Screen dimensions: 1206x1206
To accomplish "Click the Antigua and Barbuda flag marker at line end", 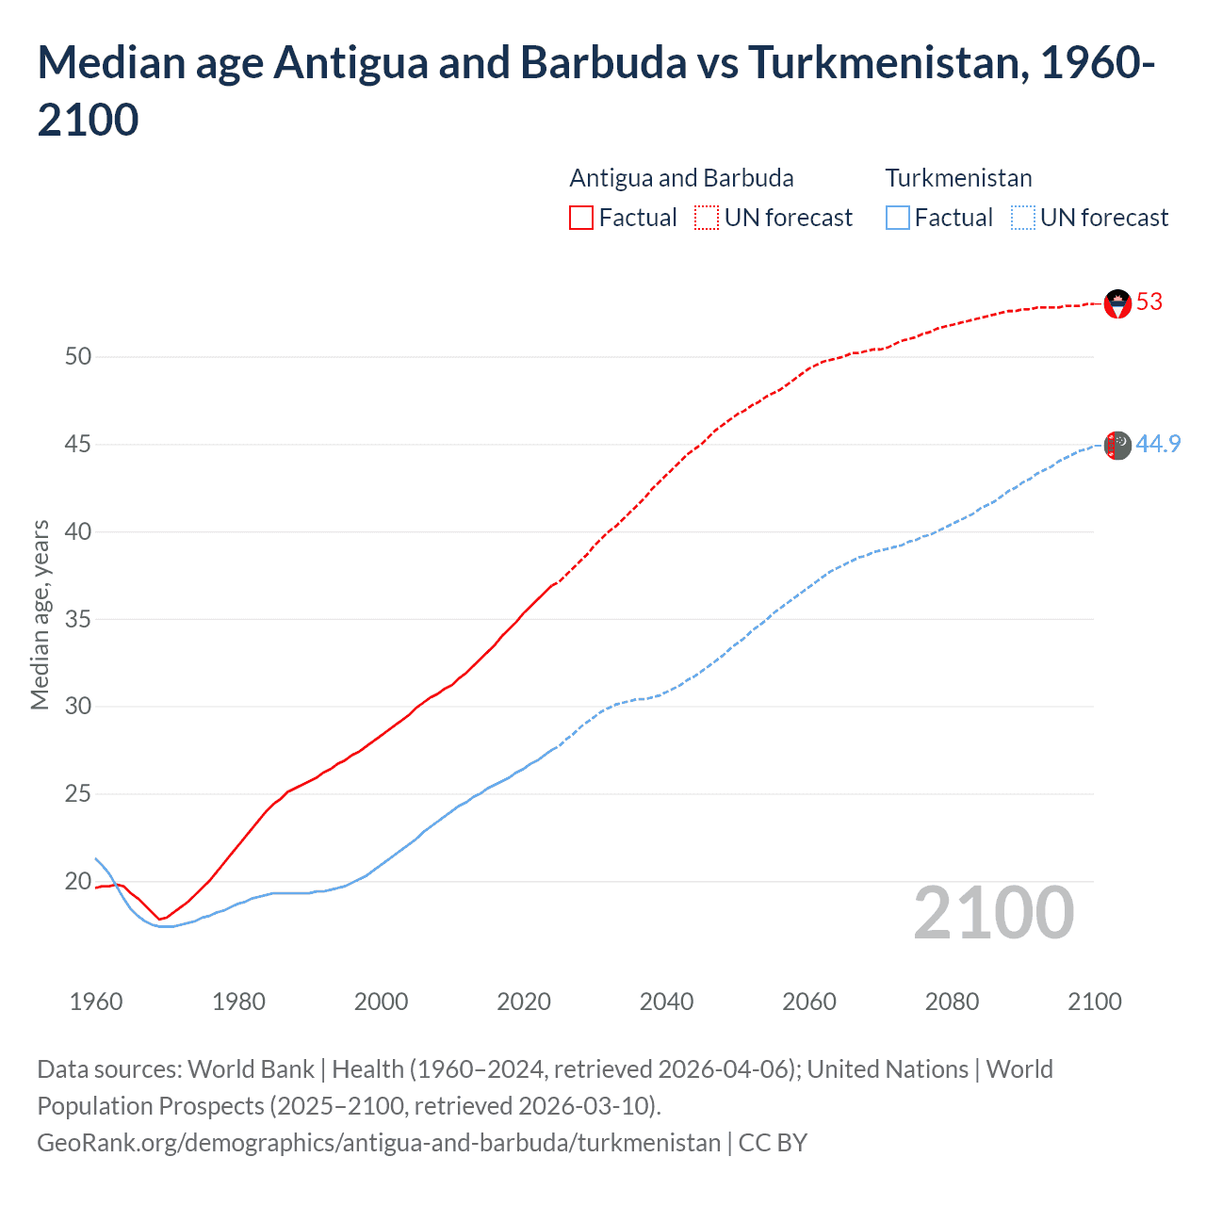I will (1117, 303).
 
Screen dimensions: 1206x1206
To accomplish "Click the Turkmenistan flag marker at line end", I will (1117, 446).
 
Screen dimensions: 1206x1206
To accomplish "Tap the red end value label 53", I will (1149, 302).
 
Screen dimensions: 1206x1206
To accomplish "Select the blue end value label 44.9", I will (1158, 444).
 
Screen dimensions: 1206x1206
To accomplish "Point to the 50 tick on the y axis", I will (78, 357).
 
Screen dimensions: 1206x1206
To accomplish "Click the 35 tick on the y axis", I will (78, 620).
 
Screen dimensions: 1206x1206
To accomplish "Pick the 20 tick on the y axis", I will (78, 882).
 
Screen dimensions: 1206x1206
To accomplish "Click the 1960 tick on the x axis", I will (96, 1002).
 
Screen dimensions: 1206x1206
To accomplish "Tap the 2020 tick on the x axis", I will (524, 1002).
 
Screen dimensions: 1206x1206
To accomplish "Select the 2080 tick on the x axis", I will (952, 1002).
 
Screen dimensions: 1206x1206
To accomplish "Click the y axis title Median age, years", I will (40, 614).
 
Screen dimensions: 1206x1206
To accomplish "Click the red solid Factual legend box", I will (581, 218).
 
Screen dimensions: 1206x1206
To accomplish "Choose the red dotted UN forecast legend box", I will (707, 218).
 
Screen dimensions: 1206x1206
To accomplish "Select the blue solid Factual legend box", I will (898, 218).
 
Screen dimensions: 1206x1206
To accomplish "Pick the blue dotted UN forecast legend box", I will (1022, 218).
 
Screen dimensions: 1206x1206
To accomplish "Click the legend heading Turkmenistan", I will (958, 178).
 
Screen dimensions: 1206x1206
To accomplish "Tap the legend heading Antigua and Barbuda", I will (681, 178).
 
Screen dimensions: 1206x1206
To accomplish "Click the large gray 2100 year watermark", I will (993, 913).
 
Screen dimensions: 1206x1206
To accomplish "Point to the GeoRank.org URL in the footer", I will (379, 1143).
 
